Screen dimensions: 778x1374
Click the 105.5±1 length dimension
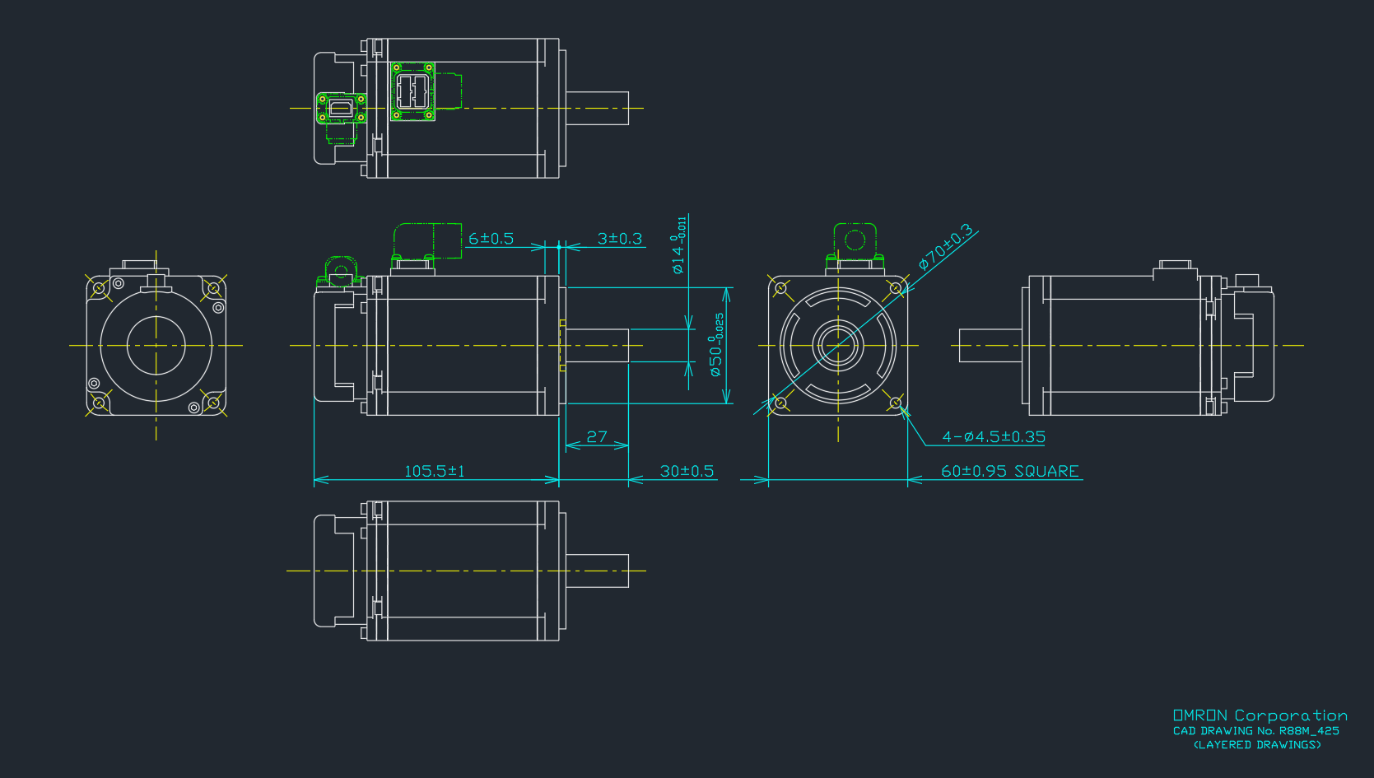[435, 471]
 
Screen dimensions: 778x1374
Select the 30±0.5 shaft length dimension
[687, 471]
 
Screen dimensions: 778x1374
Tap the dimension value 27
[597, 436]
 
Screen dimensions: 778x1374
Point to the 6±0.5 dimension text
[491, 239]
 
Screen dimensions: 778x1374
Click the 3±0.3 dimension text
[619, 239]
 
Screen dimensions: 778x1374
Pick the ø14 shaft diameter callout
[678, 245]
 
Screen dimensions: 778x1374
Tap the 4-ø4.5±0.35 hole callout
[994, 437]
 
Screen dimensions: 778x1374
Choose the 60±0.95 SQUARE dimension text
[1009, 471]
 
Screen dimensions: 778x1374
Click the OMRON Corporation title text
[1260, 715]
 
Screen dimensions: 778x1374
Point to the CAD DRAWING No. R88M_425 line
[1255, 731]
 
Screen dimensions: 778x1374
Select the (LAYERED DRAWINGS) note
[1257, 745]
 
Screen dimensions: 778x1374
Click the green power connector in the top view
[412, 91]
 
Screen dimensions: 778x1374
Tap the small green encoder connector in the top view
[341, 108]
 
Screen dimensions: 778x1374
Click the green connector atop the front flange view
[855, 241]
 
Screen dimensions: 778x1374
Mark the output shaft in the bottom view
[597, 571]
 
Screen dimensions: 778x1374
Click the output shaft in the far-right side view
[991, 345]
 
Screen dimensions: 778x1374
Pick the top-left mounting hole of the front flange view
[780, 288]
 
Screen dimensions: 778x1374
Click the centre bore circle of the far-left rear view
[156, 346]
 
